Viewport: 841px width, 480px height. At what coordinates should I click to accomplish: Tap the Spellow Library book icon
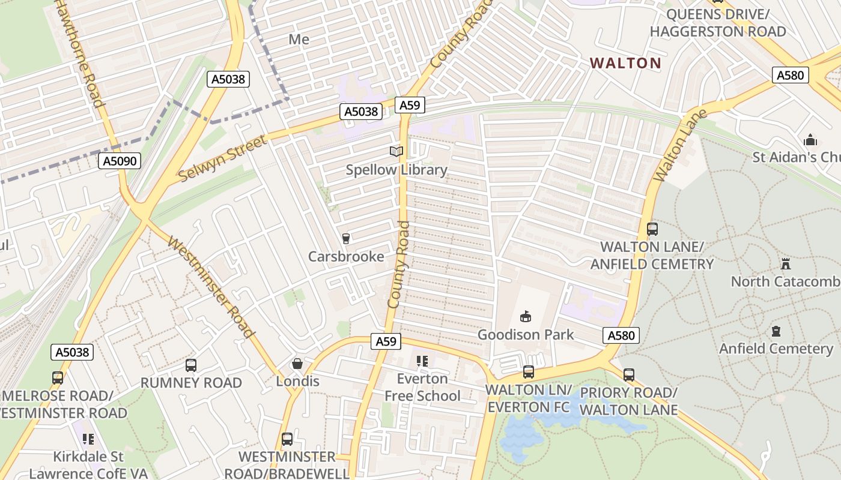coord(396,152)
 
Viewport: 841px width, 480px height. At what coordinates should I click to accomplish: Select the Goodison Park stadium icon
coord(526,316)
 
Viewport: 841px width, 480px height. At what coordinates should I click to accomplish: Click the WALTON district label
coord(625,63)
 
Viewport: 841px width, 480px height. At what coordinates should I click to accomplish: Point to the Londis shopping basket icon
coord(297,364)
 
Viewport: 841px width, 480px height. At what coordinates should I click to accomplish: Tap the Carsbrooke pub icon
coord(345,239)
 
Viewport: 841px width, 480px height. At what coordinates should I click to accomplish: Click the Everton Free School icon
coord(422,361)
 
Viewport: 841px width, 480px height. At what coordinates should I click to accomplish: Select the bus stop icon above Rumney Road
coord(191,365)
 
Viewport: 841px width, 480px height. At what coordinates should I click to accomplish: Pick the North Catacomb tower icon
coord(785,263)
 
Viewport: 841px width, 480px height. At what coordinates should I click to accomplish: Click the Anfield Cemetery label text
coord(776,349)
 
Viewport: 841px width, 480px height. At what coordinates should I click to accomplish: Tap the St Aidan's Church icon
coord(810,140)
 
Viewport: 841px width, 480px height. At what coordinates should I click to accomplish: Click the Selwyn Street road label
coord(223,159)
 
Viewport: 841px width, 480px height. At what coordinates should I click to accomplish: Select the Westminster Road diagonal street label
coord(211,287)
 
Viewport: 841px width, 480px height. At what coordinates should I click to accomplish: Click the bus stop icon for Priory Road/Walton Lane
coord(628,375)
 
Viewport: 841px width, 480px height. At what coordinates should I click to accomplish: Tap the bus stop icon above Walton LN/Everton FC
coord(528,372)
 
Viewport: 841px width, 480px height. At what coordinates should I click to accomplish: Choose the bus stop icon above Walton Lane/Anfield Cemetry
coord(652,229)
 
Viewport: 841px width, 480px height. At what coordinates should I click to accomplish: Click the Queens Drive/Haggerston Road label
coord(718,23)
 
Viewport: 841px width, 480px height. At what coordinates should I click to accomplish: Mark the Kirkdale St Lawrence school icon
coord(88,439)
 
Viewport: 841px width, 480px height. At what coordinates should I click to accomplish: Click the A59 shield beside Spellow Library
coord(410,106)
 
